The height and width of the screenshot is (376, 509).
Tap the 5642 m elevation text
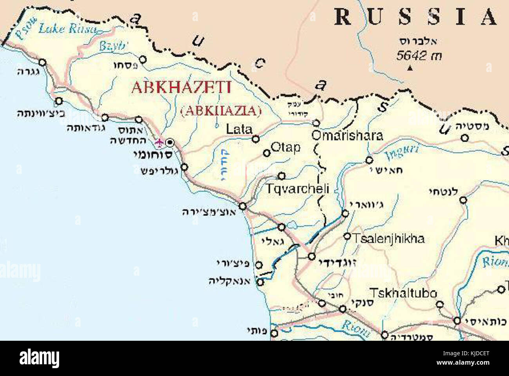tap(419, 56)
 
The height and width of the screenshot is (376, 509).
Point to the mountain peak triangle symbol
tap(410, 68)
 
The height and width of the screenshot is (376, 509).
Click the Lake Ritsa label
tap(67, 28)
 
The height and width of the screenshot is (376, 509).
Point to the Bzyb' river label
tap(113, 46)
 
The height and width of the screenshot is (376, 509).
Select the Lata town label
tap(239, 129)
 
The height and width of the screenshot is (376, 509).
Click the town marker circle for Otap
tap(267, 153)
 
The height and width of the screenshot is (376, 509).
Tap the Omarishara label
tap(347, 136)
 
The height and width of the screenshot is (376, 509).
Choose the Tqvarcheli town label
tap(297, 189)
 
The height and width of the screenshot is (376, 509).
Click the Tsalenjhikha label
tap(388, 239)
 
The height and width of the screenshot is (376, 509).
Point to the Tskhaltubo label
tap(403, 293)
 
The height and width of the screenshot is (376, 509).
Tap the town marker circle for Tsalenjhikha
tap(347, 236)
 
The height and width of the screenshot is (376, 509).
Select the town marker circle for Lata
tap(255, 139)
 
